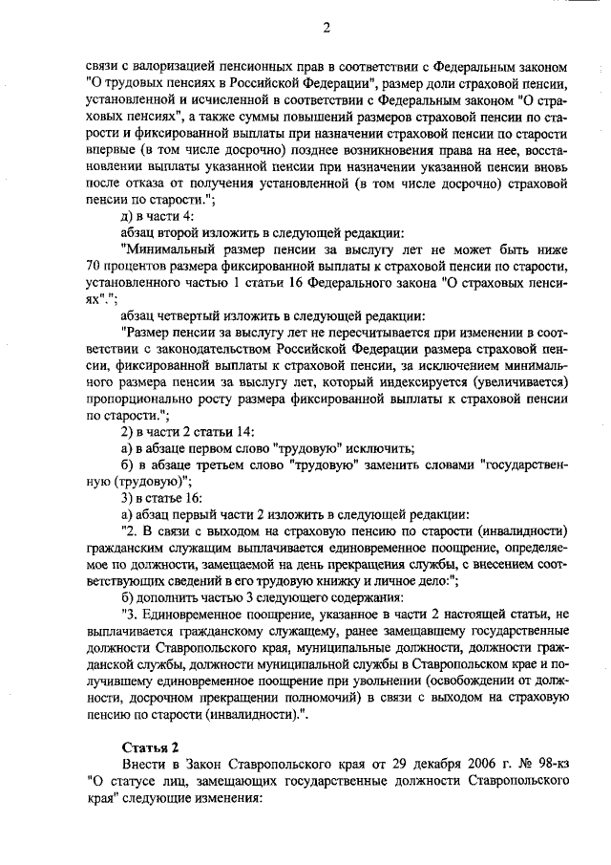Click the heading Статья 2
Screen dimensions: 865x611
click(150, 746)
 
